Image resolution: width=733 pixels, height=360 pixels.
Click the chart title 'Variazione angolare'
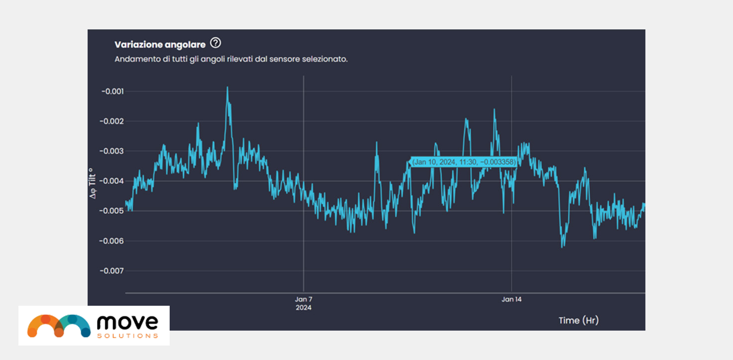tap(160, 44)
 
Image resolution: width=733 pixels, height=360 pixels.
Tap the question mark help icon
tap(215, 43)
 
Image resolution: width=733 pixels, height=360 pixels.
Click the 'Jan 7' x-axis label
tap(304, 299)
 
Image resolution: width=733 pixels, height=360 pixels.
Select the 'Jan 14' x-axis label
tap(512, 299)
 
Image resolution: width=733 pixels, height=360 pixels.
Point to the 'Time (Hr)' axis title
tap(578, 320)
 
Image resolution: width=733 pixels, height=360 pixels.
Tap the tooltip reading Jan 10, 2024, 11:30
tap(464, 162)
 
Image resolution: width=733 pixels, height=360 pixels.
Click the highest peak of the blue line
tap(227, 88)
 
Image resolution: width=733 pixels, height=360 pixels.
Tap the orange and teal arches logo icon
tap(59, 325)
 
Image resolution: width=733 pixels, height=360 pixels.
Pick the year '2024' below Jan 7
tap(304, 308)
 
